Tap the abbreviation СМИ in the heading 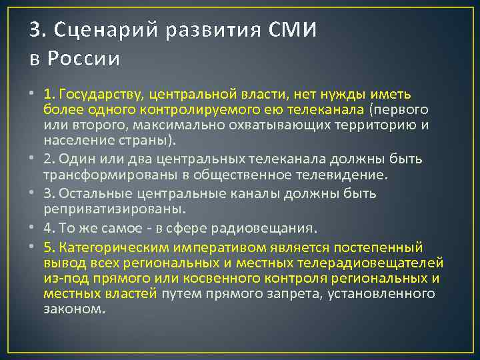[x=293, y=30]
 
